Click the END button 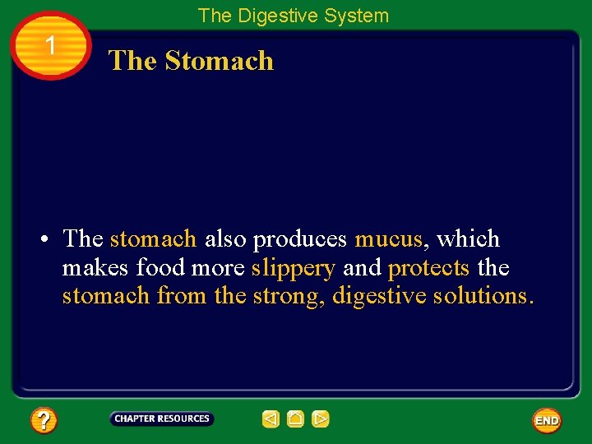(x=547, y=420)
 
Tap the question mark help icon (x=44, y=421)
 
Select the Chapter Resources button (x=162, y=419)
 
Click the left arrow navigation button (x=271, y=419)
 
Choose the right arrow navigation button (x=321, y=419)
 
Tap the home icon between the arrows (x=296, y=419)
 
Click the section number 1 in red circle (x=51, y=46)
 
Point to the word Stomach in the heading (x=219, y=61)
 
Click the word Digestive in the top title (x=280, y=16)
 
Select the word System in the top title (x=358, y=16)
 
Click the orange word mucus (x=388, y=239)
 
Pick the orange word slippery (x=294, y=268)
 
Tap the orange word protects (x=428, y=268)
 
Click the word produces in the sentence (x=301, y=239)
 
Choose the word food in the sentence (x=160, y=268)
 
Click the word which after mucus (x=468, y=239)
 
